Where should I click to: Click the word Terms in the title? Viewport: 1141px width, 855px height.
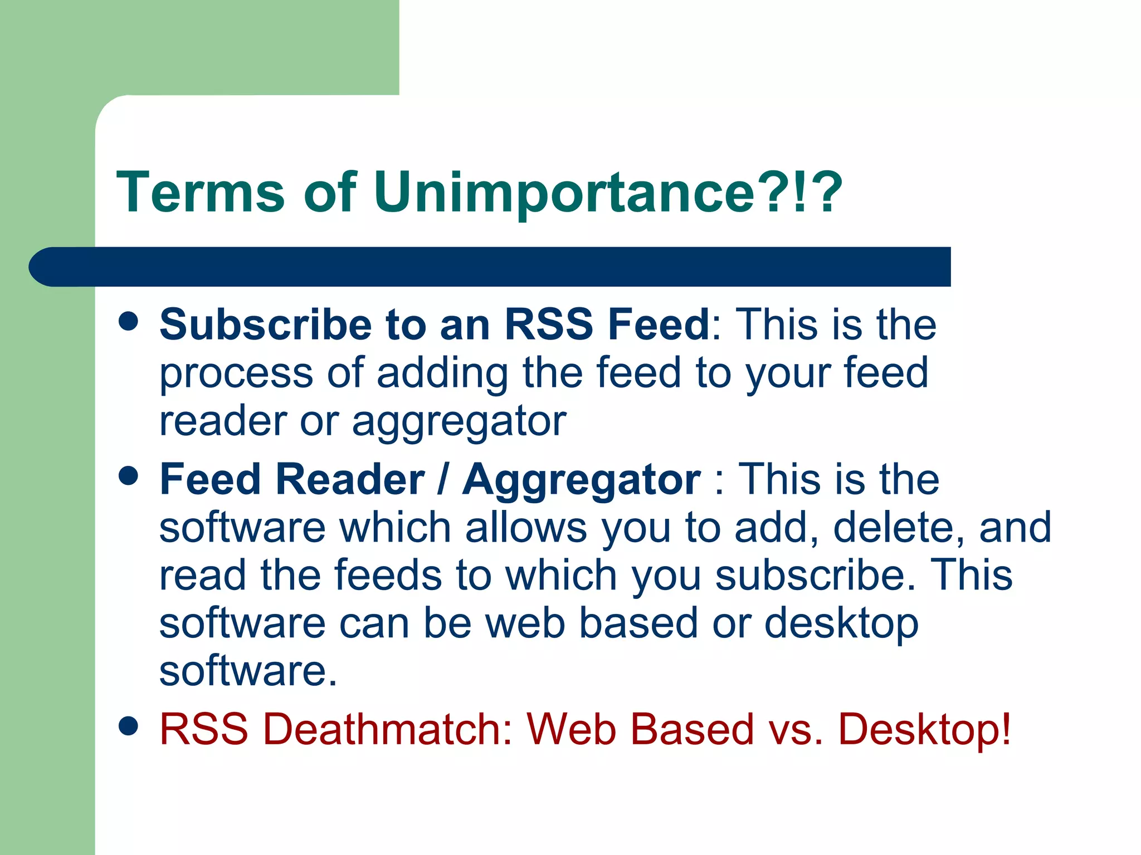[x=201, y=192]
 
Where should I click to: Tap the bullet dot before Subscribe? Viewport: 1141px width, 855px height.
[x=129, y=321]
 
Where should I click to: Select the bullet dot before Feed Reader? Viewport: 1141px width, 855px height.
[x=129, y=476]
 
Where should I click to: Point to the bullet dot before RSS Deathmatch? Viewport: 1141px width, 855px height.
[x=129, y=726]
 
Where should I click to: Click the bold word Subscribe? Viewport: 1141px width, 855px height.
[x=265, y=325]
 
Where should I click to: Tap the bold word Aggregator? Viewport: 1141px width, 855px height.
[x=581, y=480]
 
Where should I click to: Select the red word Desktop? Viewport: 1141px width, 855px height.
[x=924, y=729]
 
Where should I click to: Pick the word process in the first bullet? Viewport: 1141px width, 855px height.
[x=236, y=374]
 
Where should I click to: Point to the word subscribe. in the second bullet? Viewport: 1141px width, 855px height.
[x=815, y=575]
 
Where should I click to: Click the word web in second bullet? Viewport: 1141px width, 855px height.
[x=525, y=623]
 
